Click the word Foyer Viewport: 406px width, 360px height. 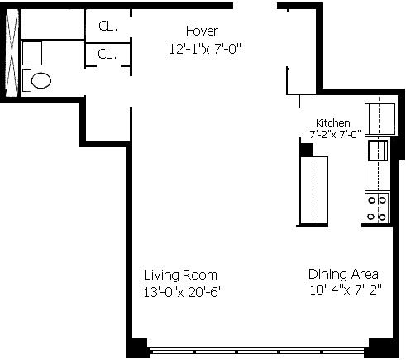click(202, 31)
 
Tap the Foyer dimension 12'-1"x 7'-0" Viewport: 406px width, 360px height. click(205, 49)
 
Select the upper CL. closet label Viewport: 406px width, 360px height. click(107, 26)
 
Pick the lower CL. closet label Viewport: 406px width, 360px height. click(107, 54)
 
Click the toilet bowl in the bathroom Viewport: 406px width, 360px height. click(41, 80)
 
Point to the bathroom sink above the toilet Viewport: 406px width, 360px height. click(32, 53)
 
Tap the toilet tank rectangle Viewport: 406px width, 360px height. click(26, 80)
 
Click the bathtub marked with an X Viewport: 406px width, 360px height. click(12, 53)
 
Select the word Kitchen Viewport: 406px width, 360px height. click(333, 122)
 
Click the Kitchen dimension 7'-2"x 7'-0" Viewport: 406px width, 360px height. click(335, 134)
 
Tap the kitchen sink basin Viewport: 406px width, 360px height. click(378, 150)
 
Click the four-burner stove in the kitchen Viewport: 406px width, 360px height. click(377, 209)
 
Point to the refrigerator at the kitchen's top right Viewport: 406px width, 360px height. click(380, 119)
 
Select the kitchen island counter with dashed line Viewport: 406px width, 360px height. click(314, 190)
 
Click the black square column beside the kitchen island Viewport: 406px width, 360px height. click(307, 150)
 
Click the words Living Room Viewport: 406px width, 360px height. click(180, 276)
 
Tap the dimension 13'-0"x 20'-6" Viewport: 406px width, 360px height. click(184, 292)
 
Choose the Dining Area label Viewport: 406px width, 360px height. click(343, 274)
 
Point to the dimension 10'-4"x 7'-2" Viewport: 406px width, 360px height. click(346, 290)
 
